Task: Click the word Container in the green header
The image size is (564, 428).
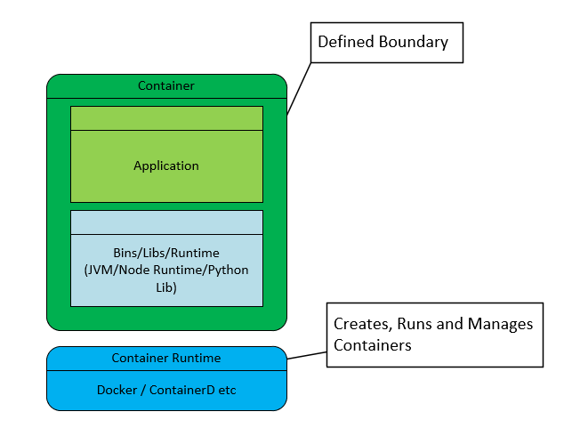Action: click(166, 86)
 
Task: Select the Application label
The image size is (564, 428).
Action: click(166, 166)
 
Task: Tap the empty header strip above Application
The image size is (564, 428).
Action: click(166, 118)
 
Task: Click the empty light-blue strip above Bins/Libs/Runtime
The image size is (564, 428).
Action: click(166, 222)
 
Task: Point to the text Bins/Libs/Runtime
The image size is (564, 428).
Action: click(166, 254)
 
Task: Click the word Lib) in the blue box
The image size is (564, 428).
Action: click(166, 287)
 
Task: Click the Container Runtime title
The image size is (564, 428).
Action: click(166, 358)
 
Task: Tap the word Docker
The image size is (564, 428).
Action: click(117, 390)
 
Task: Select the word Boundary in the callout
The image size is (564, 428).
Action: click(417, 42)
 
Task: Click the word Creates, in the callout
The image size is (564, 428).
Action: click(363, 324)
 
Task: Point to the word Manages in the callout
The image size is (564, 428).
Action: click(503, 324)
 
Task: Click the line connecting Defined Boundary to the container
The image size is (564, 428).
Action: click(299, 88)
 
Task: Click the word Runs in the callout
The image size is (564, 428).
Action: click(417, 324)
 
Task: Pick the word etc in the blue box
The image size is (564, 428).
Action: click(227, 390)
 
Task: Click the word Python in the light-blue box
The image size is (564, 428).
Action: click(228, 271)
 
